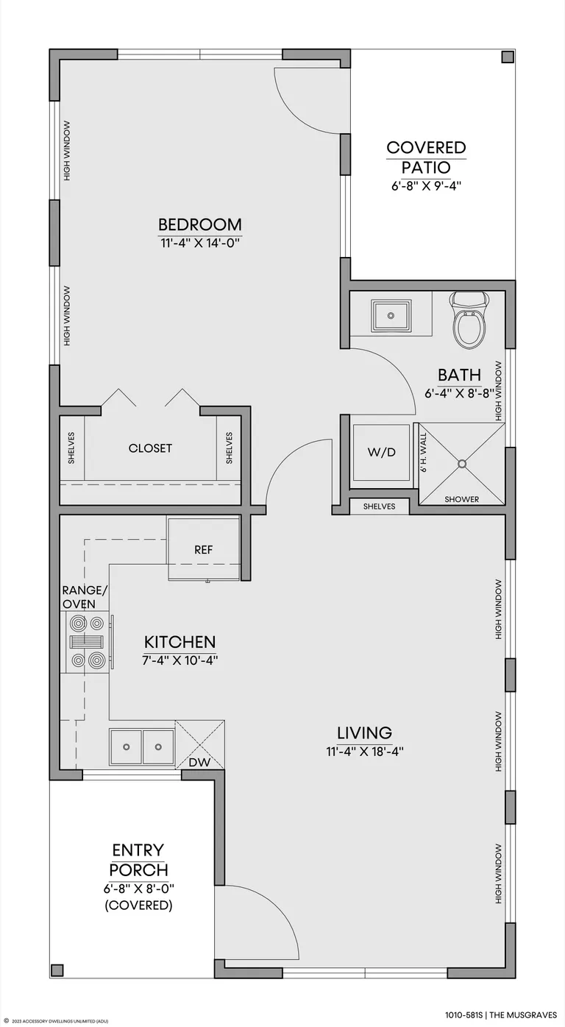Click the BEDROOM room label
pyautogui.click(x=200, y=225)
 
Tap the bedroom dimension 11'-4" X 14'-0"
pyautogui.click(x=200, y=242)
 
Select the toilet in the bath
pyautogui.click(x=469, y=321)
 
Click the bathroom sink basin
pyautogui.click(x=391, y=315)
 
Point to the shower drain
pyautogui.click(x=462, y=464)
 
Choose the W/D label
pyautogui.click(x=381, y=452)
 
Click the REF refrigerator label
pyautogui.click(x=204, y=549)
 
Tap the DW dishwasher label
pyautogui.click(x=200, y=762)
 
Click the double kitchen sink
pyautogui.click(x=142, y=747)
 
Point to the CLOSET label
pyautogui.click(x=150, y=448)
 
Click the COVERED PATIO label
pyautogui.click(x=426, y=158)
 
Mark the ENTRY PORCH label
pyautogui.click(x=138, y=860)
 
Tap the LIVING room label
pyautogui.click(x=365, y=733)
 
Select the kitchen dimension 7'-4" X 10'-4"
pyautogui.click(x=180, y=660)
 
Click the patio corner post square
pyautogui.click(x=508, y=57)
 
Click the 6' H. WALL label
pyautogui.click(x=424, y=453)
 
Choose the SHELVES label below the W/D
pyautogui.click(x=380, y=507)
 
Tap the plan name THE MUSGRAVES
pyautogui.click(x=523, y=1015)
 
